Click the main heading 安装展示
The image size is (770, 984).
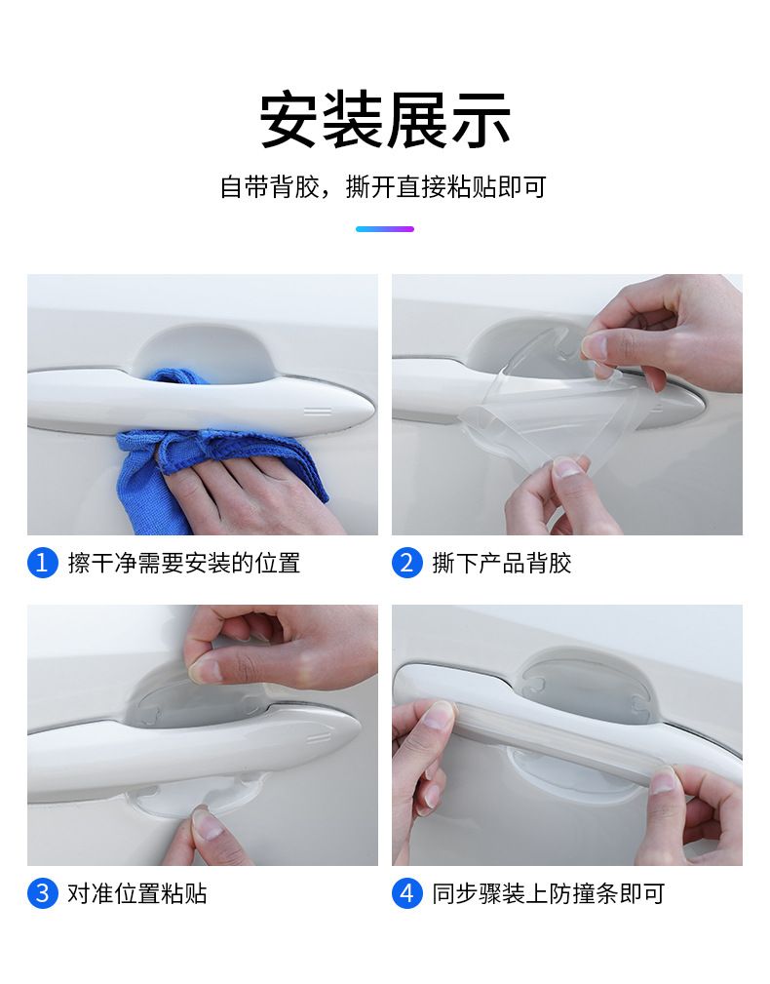click(x=385, y=119)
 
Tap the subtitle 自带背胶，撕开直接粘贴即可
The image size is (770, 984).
click(x=384, y=187)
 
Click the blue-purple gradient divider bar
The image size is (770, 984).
click(x=385, y=229)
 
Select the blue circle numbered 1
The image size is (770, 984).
click(x=43, y=563)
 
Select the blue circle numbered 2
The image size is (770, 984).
click(x=407, y=563)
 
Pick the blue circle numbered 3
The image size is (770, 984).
click(x=43, y=893)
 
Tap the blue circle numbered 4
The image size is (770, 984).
click(x=407, y=893)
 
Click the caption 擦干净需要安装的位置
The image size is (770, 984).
click(x=183, y=563)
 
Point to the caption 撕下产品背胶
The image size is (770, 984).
click(x=502, y=563)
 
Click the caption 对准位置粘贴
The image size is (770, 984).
click(x=137, y=893)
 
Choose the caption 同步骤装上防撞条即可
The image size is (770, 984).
click(x=548, y=893)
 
